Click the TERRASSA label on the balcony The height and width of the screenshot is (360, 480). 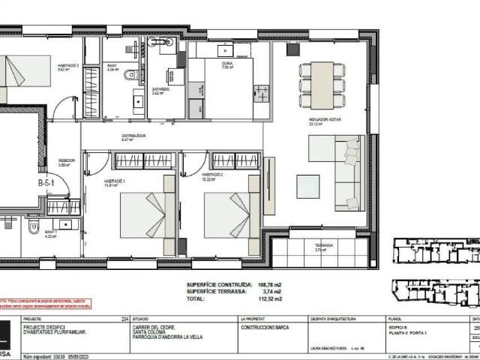(x=324, y=245)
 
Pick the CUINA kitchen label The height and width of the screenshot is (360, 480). (x=226, y=65)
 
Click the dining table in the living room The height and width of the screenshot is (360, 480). (x=322, y=85)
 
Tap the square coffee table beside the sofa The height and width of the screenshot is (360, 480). (x=307, y=186)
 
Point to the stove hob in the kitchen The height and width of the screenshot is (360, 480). (x=262, y=94)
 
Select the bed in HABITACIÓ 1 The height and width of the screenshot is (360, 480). (x=148, y=214)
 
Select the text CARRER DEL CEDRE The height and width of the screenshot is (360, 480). (x=154, y=327)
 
